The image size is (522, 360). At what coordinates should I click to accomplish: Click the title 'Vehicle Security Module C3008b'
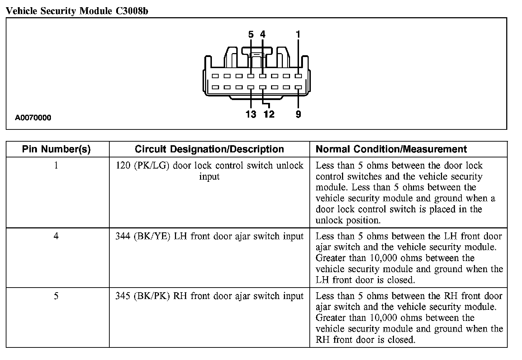[77, 11]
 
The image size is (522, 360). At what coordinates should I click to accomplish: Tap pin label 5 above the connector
[251, 35]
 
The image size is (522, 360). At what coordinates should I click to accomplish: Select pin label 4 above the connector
[263, 35]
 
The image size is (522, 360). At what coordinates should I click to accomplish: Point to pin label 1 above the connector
[298, 35]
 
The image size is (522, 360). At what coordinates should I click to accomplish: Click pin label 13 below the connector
[251, 114]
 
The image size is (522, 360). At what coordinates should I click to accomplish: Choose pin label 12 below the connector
[269, 114]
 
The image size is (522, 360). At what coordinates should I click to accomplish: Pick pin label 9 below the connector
[298, 114]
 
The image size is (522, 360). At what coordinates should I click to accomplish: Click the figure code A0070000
[33, 118]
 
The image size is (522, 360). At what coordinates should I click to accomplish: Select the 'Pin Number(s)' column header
[56, 150]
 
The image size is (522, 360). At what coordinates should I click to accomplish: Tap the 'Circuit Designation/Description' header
[209, 150]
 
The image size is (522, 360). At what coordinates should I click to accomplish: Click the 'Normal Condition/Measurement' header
[391, 150]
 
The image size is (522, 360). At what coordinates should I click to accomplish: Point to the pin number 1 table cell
[56, 166]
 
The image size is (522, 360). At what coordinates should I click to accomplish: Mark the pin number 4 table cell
[56, 236]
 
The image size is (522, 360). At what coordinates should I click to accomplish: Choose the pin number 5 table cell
[56, 296]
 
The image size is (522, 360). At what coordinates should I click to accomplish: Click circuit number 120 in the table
[123, 166]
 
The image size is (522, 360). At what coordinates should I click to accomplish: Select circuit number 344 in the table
[123, 236]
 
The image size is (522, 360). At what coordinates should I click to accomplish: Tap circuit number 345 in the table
[123, 296]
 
